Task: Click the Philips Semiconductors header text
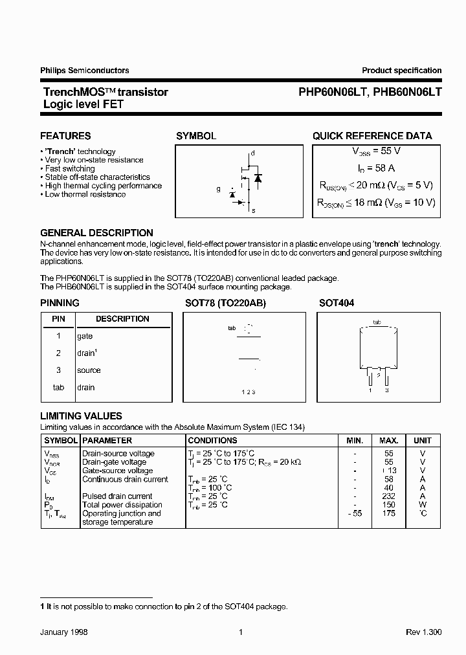(x=84, y=71)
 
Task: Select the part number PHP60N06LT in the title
(x=333, y=93)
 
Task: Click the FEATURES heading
(x=65, y=136)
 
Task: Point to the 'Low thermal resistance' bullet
(x=85, y=194)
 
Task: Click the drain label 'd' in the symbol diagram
(x=252, y=153)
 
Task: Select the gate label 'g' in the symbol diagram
(x=218, y=190)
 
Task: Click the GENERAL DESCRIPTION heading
(x=96, y=233)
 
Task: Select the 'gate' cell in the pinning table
(x=85, y=336)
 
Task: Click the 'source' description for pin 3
(x=89, y=370)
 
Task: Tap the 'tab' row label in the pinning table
(x=58, y=388)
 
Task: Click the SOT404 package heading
(x=337, y=303)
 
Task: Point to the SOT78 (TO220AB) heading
(x=225, y=303)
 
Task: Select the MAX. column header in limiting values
(x=388, y=440)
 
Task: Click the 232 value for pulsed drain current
(x=388, y=496)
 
